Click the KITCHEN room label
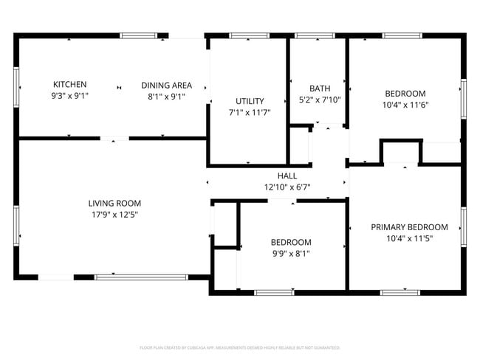pyautogui.click(x=69, y=84)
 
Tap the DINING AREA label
pyautogui.click(x=166, y=85)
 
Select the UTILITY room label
pyautogui.click(x=250, y=101)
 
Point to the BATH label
pyautogui.click(x=320, y=88)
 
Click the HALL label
pyautogui.click(x=287, y=176)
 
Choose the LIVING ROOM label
pyautogui.click(x=114, y=203)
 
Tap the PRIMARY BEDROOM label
pyautogui.click(x=409, y=227)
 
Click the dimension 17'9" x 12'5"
pyautogui.click(x=114, y=215)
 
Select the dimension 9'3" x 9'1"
pyautogui.click(x=69, y=96)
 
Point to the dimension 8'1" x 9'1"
pyautogui.click(x=166, y=96)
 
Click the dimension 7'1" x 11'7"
pyautogui.click(x=250, y=113)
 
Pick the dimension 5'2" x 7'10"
pyautogui.click(x=320, y=100)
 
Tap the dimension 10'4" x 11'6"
pyautogui.click(x=405, y=105)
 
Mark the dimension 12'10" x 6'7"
pyautogui.click(x=287, y=187)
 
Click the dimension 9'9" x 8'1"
pyautogui.click(x=290, y=254)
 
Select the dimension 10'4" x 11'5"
pyautogui.click(x=409, y=239)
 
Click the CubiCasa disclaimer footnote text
pyautogui.click(x=240, y=347)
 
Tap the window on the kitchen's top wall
pyautogui.click(x=138, y=35)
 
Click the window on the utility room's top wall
pyautogui.click(x=249, y=35)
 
